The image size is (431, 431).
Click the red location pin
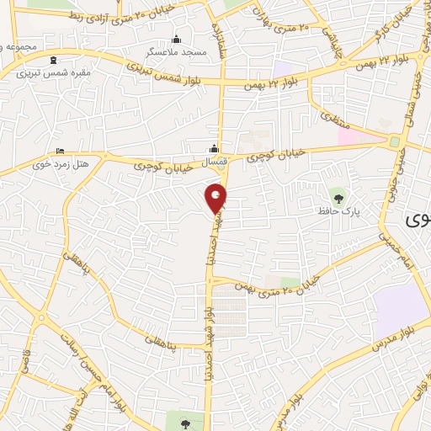(x=216, y=197)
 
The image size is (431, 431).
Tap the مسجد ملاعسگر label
(x=176, y=51)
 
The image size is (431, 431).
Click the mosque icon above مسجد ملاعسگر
(x=176, y=39)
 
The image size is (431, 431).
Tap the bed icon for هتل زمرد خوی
(x=59, y=152)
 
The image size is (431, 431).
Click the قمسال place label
(x=214, y=161)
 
